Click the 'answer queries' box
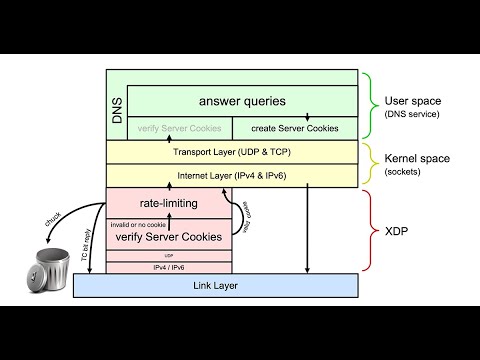[242, 100]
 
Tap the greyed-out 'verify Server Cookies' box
[180, 128]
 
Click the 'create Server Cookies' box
[294, 128]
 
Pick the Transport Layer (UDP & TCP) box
[231, 152]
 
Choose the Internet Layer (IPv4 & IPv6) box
[231, 175]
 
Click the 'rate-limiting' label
[169, 203]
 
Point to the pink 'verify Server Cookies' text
[169, 236]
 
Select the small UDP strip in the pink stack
[169, 255]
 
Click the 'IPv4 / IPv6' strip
[169, 267]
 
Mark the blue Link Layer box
[216, 286]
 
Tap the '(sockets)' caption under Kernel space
[403, 173]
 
